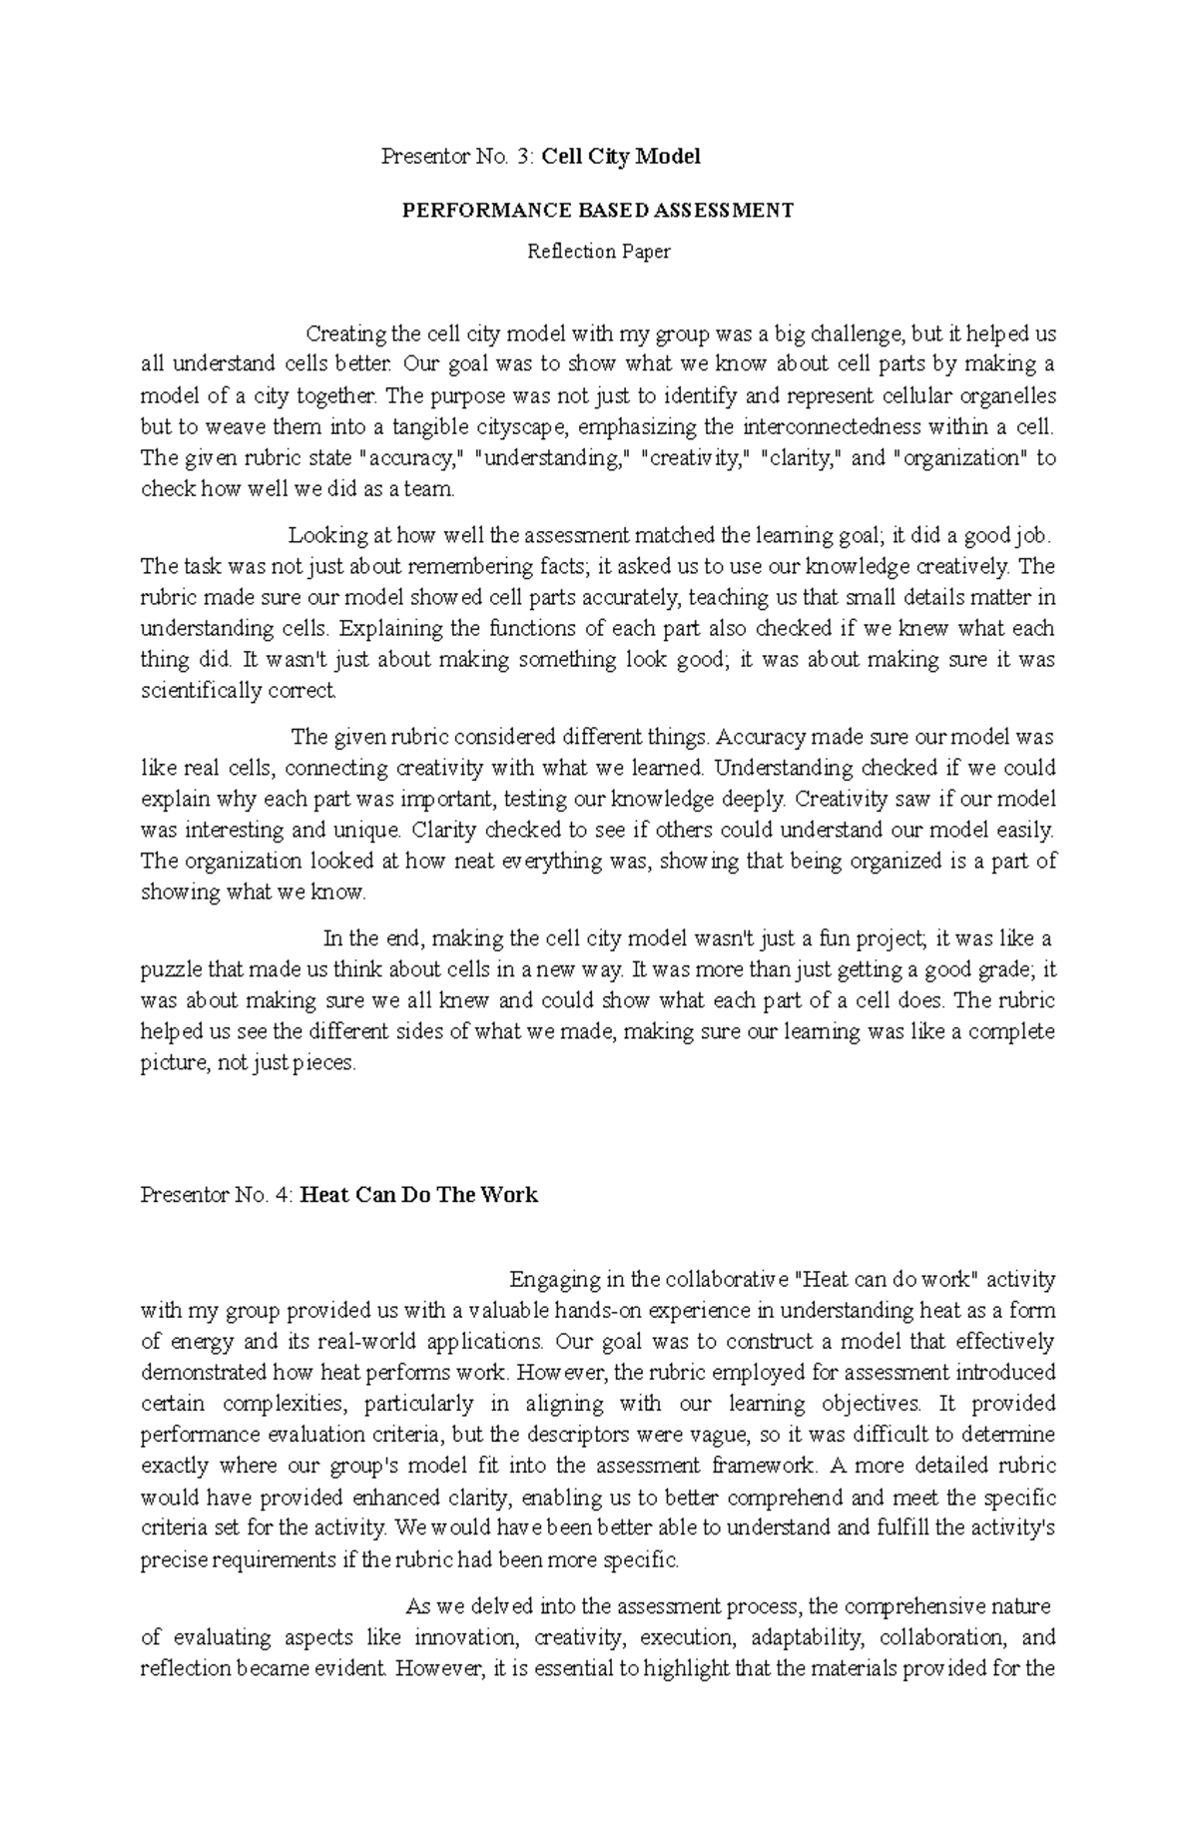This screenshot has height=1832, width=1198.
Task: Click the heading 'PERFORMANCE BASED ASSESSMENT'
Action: pyautogui.click(x=597, y=211)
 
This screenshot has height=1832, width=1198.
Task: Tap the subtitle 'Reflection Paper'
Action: pyautogui.click(x=598, y=252)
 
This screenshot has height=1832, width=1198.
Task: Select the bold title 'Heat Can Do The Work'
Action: pyautogui.click(x=418, y=1195)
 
